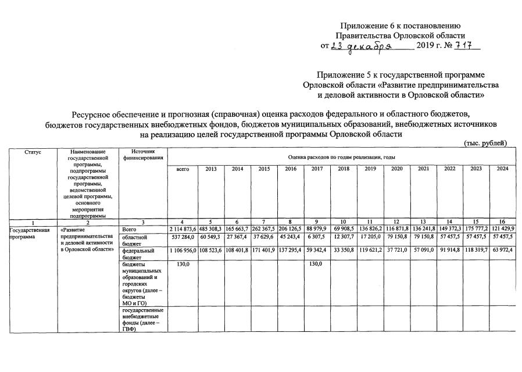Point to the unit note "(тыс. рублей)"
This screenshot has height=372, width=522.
pyautogui.click(x=485, y=143)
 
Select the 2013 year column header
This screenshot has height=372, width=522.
pyautogui.click(x=210, y=169)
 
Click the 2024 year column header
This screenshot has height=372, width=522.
pyautogui.click(x=502, y=169)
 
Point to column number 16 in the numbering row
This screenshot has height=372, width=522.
pyautogui.click(x=502, y=223)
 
